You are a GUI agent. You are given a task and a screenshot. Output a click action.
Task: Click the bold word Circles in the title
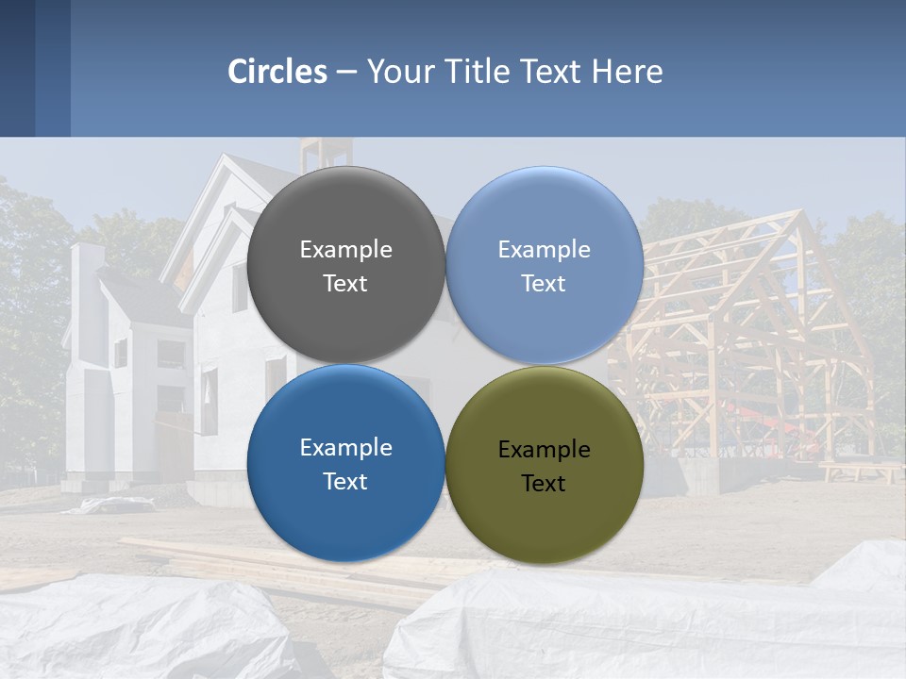277,72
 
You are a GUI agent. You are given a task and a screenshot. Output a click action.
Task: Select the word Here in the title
628,72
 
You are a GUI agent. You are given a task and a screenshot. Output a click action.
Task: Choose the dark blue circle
345,509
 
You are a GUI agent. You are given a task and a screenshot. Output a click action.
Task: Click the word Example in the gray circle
345,250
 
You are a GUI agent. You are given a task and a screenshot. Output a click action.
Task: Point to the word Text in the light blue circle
544,284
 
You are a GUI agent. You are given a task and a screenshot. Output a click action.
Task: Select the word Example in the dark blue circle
345,448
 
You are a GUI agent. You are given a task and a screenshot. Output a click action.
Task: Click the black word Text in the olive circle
544,484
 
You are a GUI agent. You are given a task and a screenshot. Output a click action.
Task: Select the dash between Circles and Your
346,72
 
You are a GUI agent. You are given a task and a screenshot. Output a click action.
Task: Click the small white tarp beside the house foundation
113,505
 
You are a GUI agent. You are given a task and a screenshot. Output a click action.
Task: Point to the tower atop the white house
327,154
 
